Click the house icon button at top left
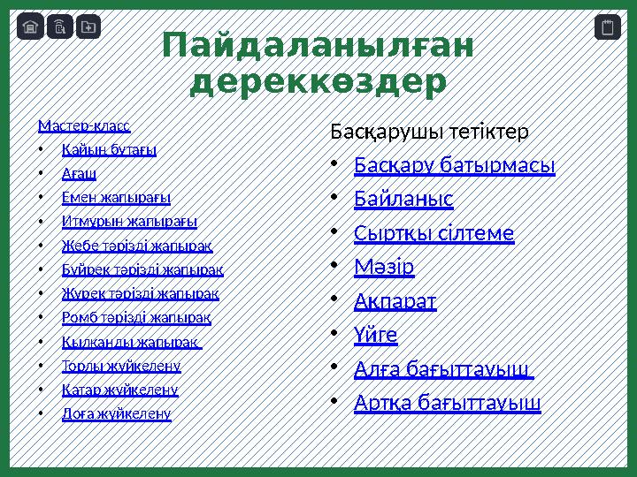tap(30, 27)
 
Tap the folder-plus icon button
tap(88, 27)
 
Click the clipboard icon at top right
tap(607, 27)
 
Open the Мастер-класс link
tap(84, 125)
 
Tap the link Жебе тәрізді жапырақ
tap(137, 245)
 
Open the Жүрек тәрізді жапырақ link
tap(141, 292)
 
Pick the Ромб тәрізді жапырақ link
tap(136, 316)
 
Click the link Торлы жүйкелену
tap(121, 365)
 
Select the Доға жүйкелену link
tap(117, 413)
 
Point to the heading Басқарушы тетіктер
tap(429, 132)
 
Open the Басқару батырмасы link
tap(454, 165)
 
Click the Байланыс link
tap(403, 200)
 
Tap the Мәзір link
tap(384, 266)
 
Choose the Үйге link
tap(376, 335)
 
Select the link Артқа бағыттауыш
tap(448, 403)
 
